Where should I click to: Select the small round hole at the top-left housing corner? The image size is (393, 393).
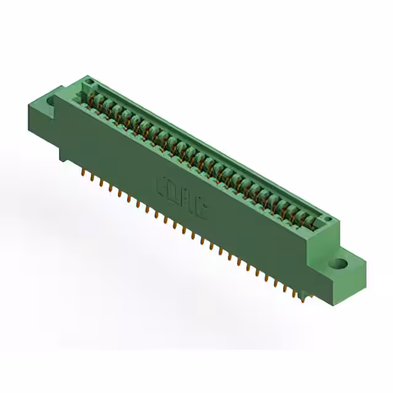[88, 82]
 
